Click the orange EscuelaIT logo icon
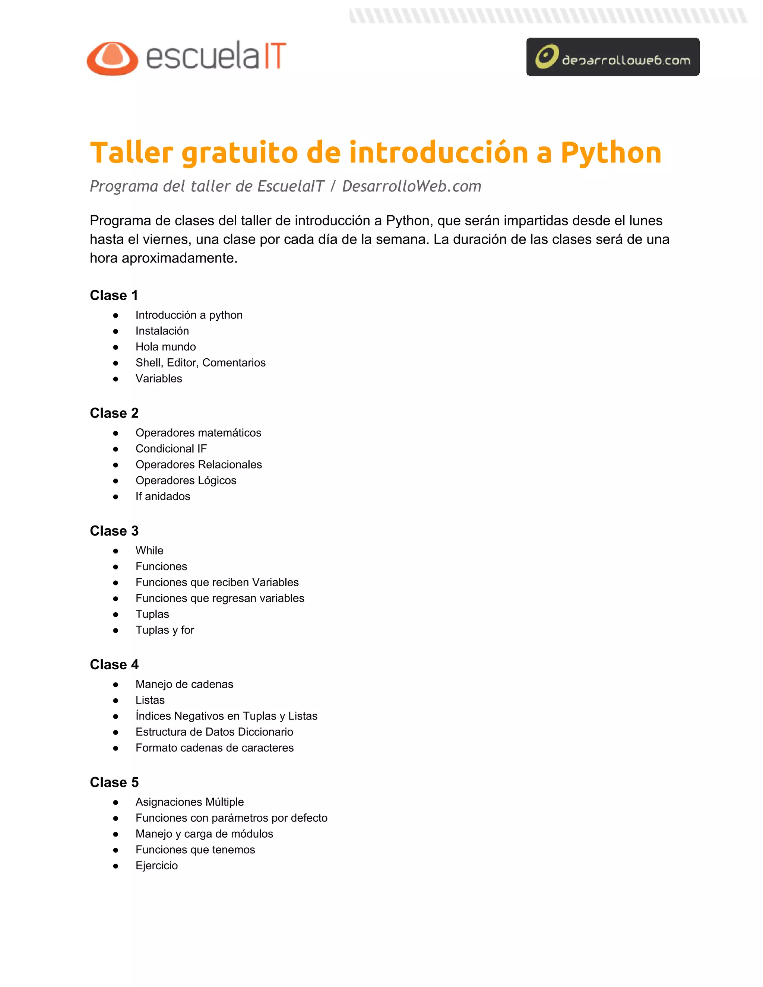pyautogui.click(x=113, y=58)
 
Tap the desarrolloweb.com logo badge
pyautogui.click(x=612, y=57)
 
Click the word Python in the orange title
pyautogui.click(x=611, y=153)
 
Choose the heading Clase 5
pyautogui.click(x=114, y=782)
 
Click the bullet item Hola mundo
pyautogui.click(x=165, y=347)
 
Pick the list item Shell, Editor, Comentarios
pyautogui.click(x=200, y=362)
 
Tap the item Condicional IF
pyautogui.click(x=171, y=448)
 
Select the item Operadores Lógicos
pyautogui.click(x=186, y=480)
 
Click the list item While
pyautogui.click(x=149, y=550)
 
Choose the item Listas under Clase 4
pyautogui.click(x=150, y=700)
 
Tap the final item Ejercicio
pyautogui.click(x=156, y=866)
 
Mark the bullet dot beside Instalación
pyautogui.click(x=116, y=331)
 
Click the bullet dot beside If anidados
pyautogui.click(x=116, y=496)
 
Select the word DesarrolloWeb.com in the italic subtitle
pyautogui.click(x=411, y=186)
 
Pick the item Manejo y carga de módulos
pyautogui.click(x=204, y=834)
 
